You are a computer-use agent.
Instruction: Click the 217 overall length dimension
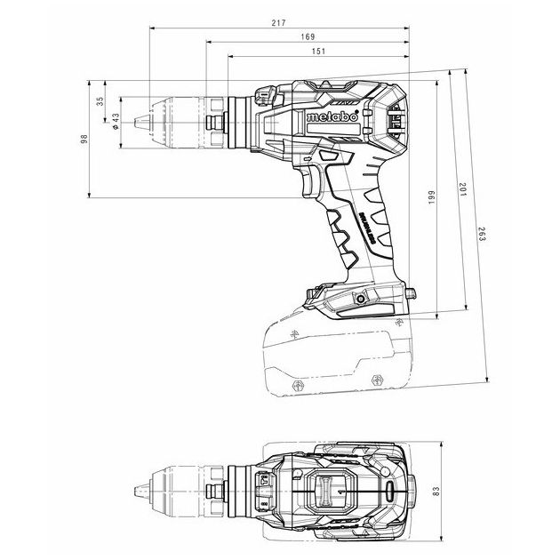point(279,23)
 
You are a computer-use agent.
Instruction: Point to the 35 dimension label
point(100,101)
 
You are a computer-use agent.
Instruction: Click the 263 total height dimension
point(481,235)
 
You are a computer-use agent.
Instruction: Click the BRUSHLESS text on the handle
point(367,227)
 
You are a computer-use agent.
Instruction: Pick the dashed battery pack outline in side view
point(338,356)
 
